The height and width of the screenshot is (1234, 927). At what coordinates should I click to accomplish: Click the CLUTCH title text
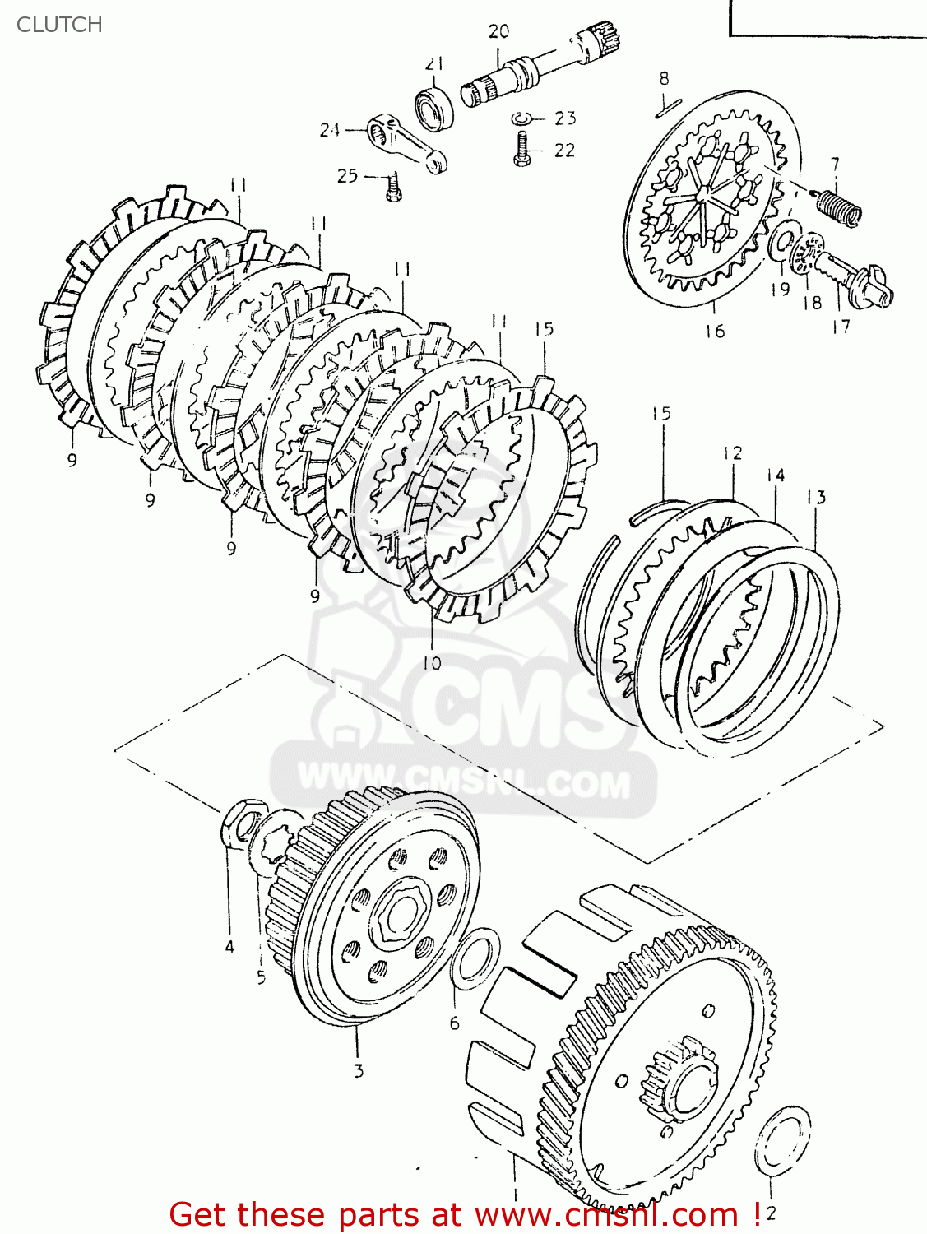(59, 25)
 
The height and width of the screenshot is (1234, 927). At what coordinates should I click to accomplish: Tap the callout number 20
(498, 32)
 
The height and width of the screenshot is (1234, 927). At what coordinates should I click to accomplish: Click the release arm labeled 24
(407, 143)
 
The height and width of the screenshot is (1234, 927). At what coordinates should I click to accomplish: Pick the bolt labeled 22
(521, 151)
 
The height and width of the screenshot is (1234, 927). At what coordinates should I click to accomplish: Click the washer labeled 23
(520, 118)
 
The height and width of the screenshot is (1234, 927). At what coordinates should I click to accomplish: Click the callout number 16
(715, 331)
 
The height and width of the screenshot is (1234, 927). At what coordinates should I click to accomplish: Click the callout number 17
(841, 327)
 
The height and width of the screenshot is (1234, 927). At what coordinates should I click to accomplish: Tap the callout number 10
(432, 663)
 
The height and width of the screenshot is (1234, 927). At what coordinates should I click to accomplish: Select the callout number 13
(816, 497)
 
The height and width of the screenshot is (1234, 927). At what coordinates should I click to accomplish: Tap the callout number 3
(359, 1071)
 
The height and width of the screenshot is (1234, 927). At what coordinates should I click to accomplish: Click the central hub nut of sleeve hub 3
(398, 913)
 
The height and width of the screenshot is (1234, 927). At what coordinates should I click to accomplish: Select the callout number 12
(733, 452)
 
